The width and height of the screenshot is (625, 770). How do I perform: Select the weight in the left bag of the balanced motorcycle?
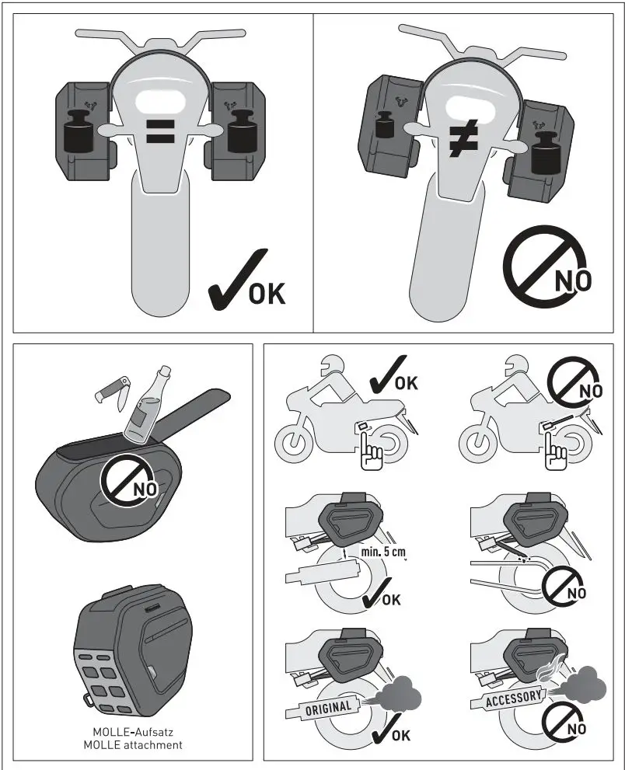click(79, 130)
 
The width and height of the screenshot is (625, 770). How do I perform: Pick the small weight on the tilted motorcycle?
click(382, 125)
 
